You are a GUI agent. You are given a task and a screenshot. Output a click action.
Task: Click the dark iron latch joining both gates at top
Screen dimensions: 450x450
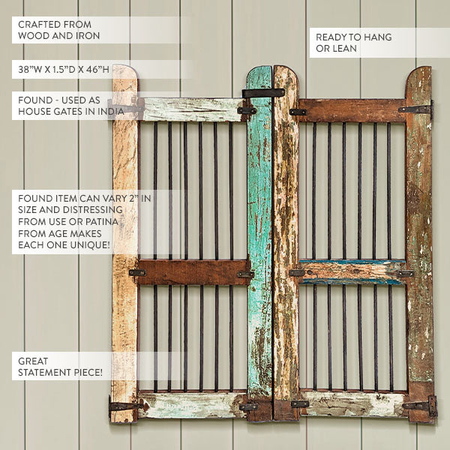[x=263, y=93]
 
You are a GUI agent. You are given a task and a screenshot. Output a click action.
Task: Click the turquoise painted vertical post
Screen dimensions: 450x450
[x=259, y=229]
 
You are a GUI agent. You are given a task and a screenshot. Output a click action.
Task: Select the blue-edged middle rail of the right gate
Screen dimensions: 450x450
[x=352, y=272]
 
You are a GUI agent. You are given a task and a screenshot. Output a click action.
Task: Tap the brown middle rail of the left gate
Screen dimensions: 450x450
[x=192, y=272]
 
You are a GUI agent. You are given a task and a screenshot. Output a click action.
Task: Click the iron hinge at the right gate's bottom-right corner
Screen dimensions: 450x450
[x=421, y=406]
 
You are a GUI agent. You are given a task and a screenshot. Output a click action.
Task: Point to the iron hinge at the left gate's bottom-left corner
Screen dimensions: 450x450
[x=124, y=406]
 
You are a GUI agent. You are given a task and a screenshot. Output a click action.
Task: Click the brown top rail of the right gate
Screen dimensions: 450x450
[x=352, y=111]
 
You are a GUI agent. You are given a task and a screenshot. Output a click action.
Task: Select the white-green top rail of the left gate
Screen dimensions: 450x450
[x=192, y=109]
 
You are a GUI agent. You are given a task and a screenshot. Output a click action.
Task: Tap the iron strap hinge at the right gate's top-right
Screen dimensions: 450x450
[x=415, y=109]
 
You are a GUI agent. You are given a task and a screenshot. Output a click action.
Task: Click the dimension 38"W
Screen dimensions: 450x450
[x=29, y=69]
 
